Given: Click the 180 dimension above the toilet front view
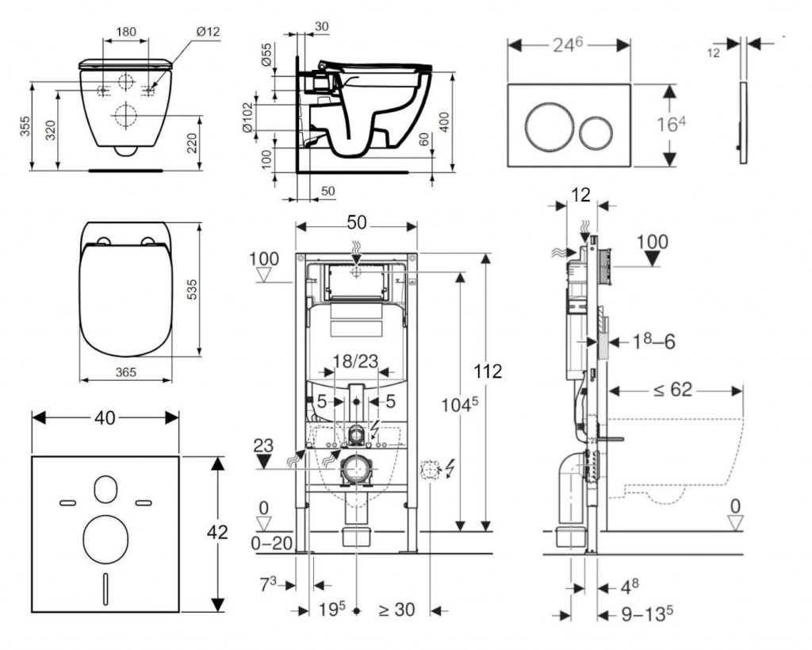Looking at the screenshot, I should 125,32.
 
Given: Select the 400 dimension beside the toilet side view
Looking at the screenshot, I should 465,122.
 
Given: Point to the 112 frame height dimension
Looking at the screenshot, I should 490,371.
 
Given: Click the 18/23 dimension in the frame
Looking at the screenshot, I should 354,362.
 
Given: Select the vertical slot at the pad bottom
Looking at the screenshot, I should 105,588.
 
